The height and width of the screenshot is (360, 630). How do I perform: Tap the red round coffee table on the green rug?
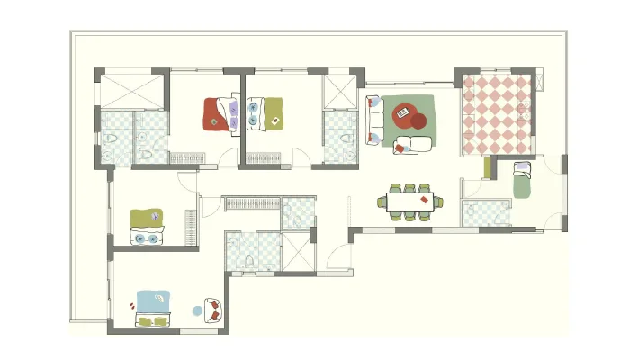point(418,121)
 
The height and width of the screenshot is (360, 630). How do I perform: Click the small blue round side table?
point(198,310)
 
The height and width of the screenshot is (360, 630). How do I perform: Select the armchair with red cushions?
point(213,310)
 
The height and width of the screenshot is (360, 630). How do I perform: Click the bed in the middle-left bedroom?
point(147,227)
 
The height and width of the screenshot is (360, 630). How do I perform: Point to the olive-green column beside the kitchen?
point(486,167)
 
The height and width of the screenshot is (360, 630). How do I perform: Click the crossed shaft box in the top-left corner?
point(131,91)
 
